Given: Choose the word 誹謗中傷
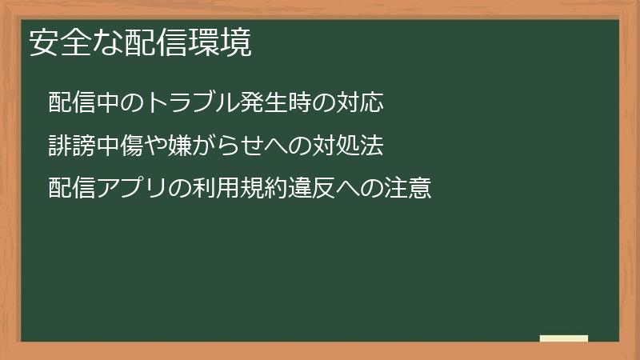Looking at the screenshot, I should (x=95, y=146).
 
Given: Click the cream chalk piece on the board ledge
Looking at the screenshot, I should (x=564, y=338).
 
